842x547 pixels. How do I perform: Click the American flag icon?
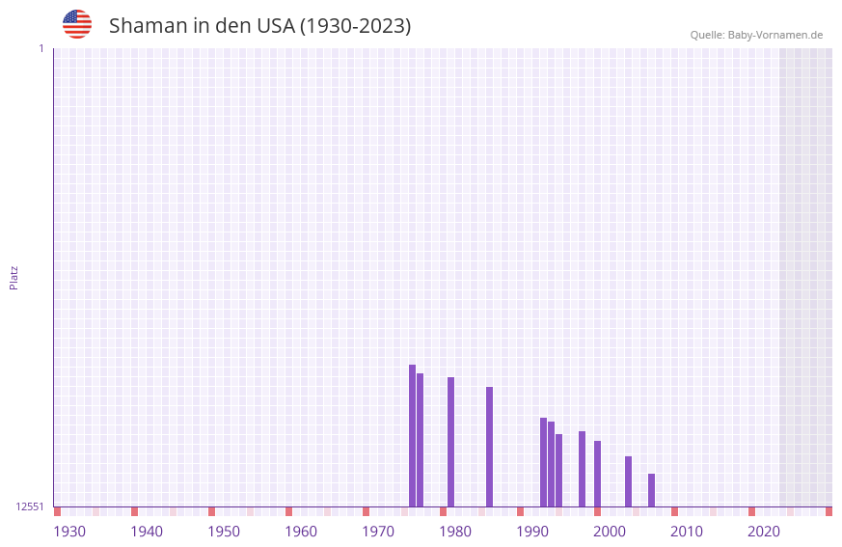(77, 24)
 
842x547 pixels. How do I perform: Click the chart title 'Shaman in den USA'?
(259, 26)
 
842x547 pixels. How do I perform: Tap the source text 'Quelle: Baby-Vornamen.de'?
(756, 35)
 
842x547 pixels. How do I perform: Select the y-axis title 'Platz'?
(14, 277)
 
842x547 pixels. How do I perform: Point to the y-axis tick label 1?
(41, 48)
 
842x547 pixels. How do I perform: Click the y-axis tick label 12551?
(30, 506)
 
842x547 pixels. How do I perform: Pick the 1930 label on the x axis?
(69, 531)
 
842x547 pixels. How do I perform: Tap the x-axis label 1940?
(147, 531)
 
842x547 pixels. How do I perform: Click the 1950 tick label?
(224, 531)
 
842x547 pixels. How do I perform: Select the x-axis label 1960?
(301, 531)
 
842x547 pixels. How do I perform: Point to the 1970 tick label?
(378, 531)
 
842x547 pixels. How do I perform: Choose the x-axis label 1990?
(532, 531)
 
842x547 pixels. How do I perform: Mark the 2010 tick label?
(687, 531)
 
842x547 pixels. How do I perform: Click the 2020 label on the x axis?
(764, 531)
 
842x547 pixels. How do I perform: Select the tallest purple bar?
(412, 435)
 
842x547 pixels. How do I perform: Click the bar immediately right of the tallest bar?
(420, 440)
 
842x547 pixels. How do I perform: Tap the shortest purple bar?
(651, 490)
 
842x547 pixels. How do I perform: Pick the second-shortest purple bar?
(628, 481)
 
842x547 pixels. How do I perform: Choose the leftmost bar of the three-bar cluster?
(543, 462)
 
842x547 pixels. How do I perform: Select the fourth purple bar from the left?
(489, 447)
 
